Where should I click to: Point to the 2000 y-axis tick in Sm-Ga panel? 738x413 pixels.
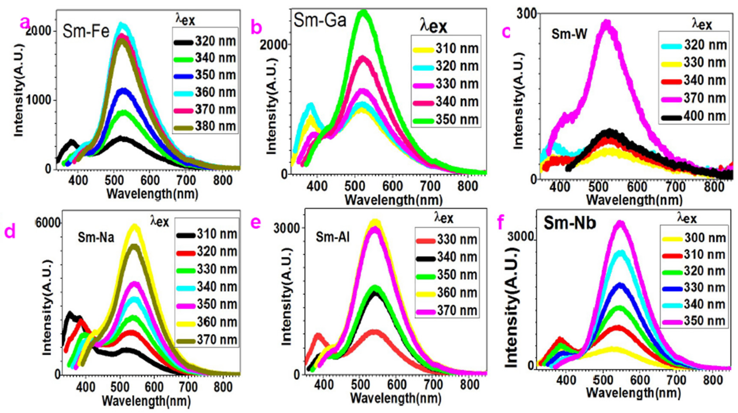click(273, 45)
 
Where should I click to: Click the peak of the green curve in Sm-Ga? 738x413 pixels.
click(363, 13)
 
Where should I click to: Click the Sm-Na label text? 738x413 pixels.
click(96, 237)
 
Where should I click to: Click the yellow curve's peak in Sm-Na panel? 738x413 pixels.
click(135, 227)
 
